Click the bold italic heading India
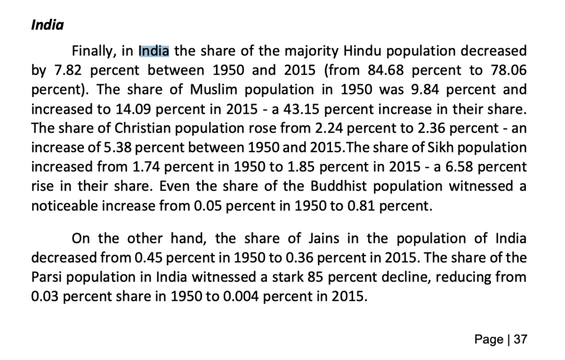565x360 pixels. coord(47,25)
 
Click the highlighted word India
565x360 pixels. coord(154,51)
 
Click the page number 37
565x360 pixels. coord(520,340)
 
